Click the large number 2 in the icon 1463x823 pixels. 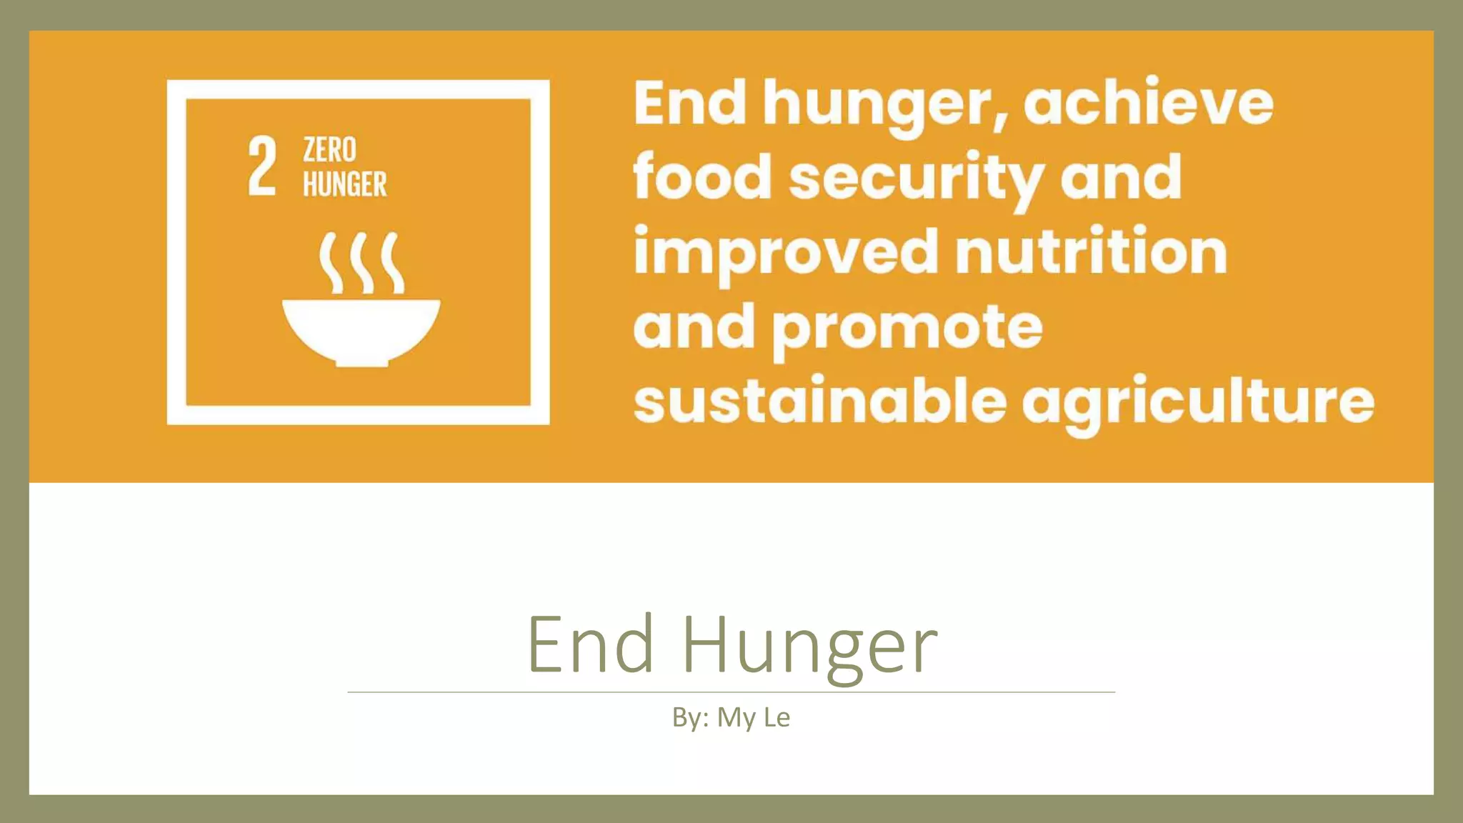click(x=262, y=166)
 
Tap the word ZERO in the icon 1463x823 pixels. click(x=329, y=150)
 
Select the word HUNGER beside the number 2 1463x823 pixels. click(x=344, y=184)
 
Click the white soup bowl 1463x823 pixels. click(x=361, y=331)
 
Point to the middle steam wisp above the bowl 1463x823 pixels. click(x=362, y=262)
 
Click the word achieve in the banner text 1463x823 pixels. click(x=1148, y=104)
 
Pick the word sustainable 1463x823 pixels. click(x=819, y=401)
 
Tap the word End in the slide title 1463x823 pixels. click(x=591, y=644)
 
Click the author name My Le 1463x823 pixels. click(x=753, y=717)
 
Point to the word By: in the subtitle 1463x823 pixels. click(x=690, y=717)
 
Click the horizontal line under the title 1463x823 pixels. click(x=731, y=692)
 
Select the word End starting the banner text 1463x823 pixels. click(x=690, y=104)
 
